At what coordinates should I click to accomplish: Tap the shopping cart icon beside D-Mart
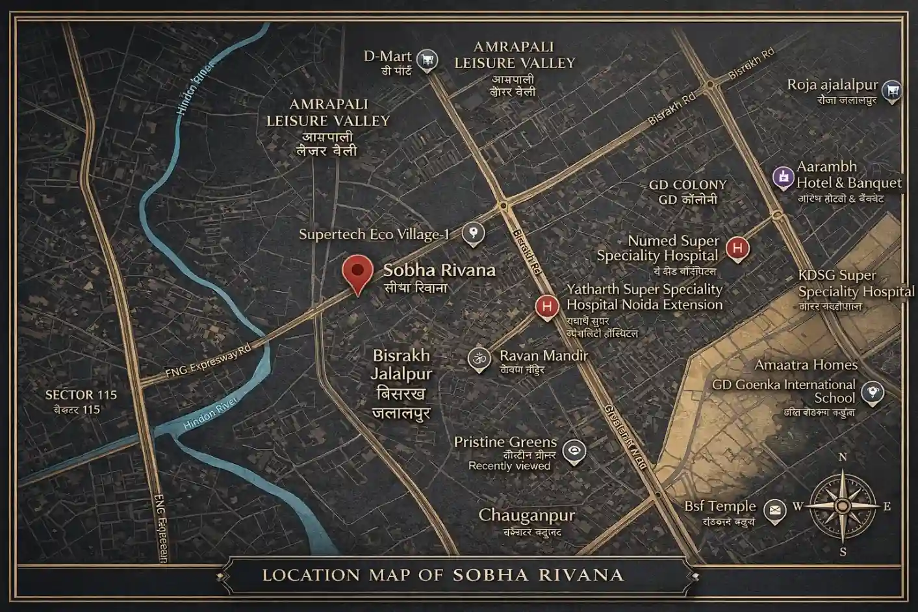pyautogui.click(x=427, y=60)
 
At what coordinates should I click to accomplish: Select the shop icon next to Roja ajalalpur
pyautogui.click(x=893, y=90)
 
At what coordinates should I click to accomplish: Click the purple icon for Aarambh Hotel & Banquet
pyautogui.click(x=784, y=176)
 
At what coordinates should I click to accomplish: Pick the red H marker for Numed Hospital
pyautogui.click(x=737, y=248)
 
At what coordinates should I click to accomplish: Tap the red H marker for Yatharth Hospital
pyautogui.click(x=547, y=306)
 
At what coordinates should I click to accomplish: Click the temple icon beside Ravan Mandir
pyautogui.click(x=479, y=358)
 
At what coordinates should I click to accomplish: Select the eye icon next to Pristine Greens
pyautogui.click(x=574, y=451)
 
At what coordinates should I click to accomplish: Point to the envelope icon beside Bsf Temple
pyautogui.click(x=774, y=510)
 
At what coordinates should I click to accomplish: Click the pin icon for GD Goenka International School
pyautogui.click(x=872, y=392)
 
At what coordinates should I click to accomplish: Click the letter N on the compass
pyautogui.click(x=843, y=457)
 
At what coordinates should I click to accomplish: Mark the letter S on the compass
pyautogui.click(x=843, y=552)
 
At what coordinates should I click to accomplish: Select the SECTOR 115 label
pyautogui.click(x=81, y=394)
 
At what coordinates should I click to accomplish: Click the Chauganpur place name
pyautogui.click(x=527, y=516)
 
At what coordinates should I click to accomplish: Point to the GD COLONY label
pyautogui.click(x=688, y=185)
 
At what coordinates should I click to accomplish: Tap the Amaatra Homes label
pyautogui.click(x=806, y=365)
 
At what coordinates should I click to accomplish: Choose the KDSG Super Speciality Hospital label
pyautogui.click(x=855, y=283)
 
